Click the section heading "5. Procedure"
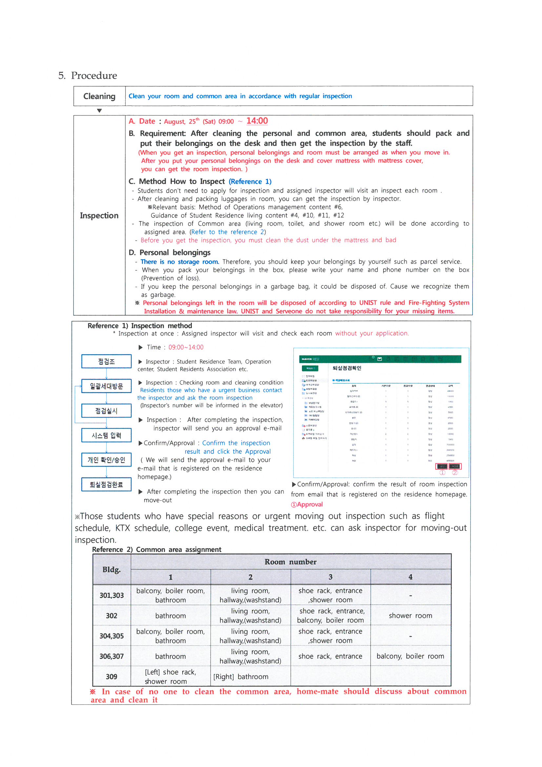click(x=88, y=75)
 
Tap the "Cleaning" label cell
click(x=99, y=96)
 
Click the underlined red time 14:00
click(x=257, y=121)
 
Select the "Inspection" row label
click(x=99, y=216)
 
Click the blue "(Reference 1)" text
click(x=250, y=181)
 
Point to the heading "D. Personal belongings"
click(x=170, y=253)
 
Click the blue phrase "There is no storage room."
click(x=180, y=262)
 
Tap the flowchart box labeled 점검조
click(x=106, y=362)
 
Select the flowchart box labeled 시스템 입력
click(x=106, y=435)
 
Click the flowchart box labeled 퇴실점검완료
click(x=106, y=485)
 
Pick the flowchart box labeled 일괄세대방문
click(x=106, y=386)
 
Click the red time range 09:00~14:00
click(x=186, y=347)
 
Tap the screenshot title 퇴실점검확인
click(x=347, y=368)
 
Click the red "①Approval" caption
click(x=307, y=505)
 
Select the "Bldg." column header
click(x=111, y=570)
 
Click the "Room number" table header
click(x=290, y=562)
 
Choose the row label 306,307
click(x=111, y=656)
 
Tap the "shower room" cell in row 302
click(x=410, y=616)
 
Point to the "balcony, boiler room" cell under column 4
click(x=410, y=656)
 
